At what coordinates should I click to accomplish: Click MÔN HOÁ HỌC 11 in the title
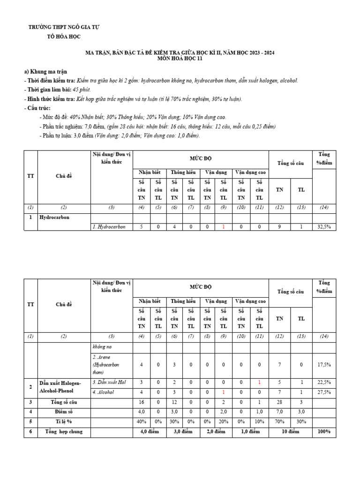(180, 60)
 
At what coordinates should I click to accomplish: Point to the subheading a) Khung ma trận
(45, 72)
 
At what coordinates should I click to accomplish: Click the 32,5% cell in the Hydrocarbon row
(324, 226)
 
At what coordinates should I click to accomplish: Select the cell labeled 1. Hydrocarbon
(109, 226)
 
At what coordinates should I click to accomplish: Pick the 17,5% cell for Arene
(324, 364)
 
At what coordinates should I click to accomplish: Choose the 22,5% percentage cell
(324, 383)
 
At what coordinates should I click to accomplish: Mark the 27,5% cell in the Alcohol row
(324, 392)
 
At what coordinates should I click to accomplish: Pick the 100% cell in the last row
(324, 431)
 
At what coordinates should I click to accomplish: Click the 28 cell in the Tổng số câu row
(279, 402)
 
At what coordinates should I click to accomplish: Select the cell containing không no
(103, 347)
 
